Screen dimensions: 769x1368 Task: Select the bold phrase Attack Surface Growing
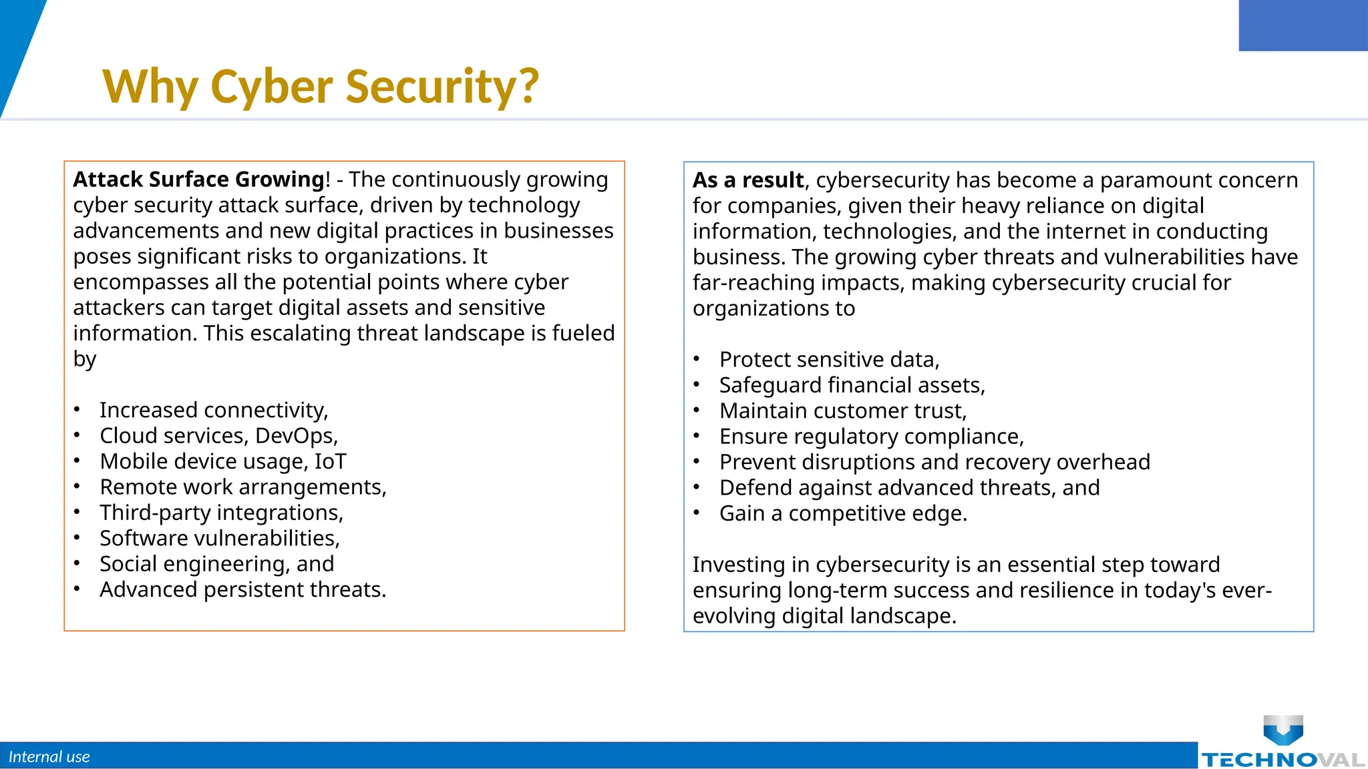198,180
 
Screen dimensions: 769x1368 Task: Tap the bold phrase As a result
748,180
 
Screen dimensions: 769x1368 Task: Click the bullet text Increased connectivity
214,410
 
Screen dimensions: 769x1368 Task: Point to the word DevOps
296,436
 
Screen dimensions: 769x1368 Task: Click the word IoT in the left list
330,461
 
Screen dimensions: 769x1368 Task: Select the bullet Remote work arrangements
243,487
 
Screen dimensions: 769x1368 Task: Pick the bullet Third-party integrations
221,513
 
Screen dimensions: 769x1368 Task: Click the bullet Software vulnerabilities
220,538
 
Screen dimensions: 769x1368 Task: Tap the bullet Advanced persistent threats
243,589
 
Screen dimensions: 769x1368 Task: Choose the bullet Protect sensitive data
829,360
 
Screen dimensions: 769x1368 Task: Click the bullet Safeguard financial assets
852,385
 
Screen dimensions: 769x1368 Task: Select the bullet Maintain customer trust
842,411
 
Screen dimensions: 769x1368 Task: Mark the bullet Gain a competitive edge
843,513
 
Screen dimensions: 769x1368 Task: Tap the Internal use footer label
49,757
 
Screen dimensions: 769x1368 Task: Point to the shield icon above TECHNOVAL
1283,729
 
